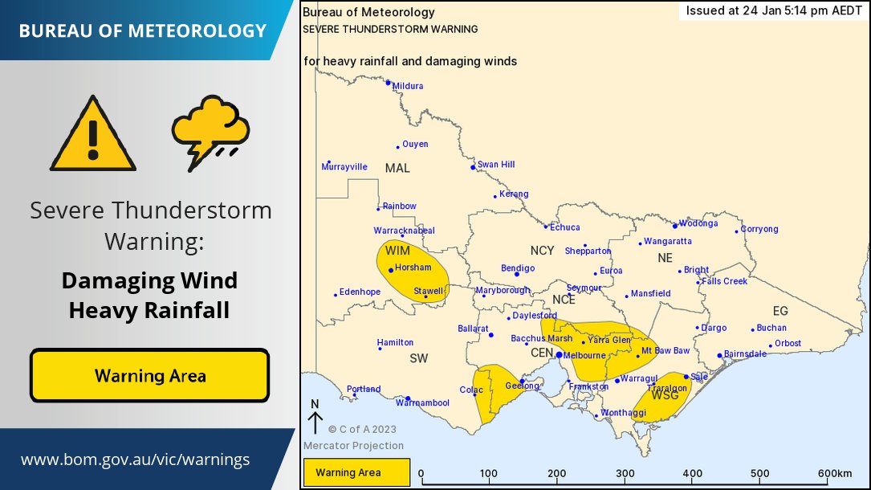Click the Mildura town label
pyautogui.click(x=408, y=86)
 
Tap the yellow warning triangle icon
pyautogui.click(x=92, y=135)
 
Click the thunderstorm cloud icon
pyautogui.click(x=210, y=131)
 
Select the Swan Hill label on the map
pyautogui.click(x=495, y=165)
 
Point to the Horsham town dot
pyautogui.click(x=391, y=270)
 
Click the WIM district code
pyautogui.click(x=397, y=251)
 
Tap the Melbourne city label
pyautogui.click(x=584, y=355)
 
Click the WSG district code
pyautogui.click(x=665, y=395)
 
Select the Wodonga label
pyautogui.click(x=698, y=224)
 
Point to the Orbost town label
pyautogui.click(x=788, y=343)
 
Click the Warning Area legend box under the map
pyautogui.click(x=356, y=472)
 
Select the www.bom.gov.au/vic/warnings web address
pyautogui.click(x=135, y=460)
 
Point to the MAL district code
pyautogui.click(x=397, y=168)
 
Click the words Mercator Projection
pyautogui.click(x=353, y=446)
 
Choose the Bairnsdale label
pyautogui.click(x=745, y=353)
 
